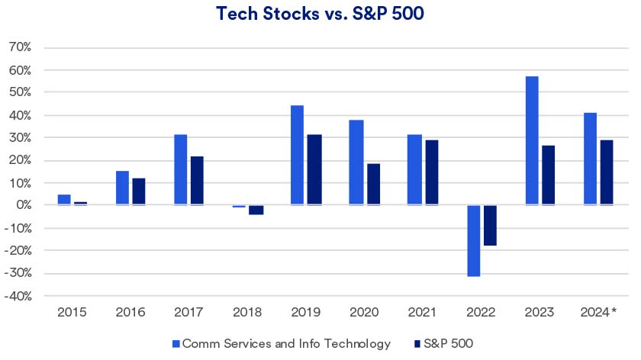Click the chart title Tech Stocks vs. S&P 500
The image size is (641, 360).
pos(319,14)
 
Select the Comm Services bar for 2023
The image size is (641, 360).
pos(532,141)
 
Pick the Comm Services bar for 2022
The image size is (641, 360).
pos(473,241)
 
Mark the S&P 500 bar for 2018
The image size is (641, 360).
pos(256,210)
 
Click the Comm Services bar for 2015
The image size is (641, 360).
pos(64,200)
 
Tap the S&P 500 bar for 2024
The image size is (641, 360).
pos(606,172)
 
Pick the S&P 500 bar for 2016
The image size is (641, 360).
pos(139,192)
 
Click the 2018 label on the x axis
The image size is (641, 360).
pos(247,313)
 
